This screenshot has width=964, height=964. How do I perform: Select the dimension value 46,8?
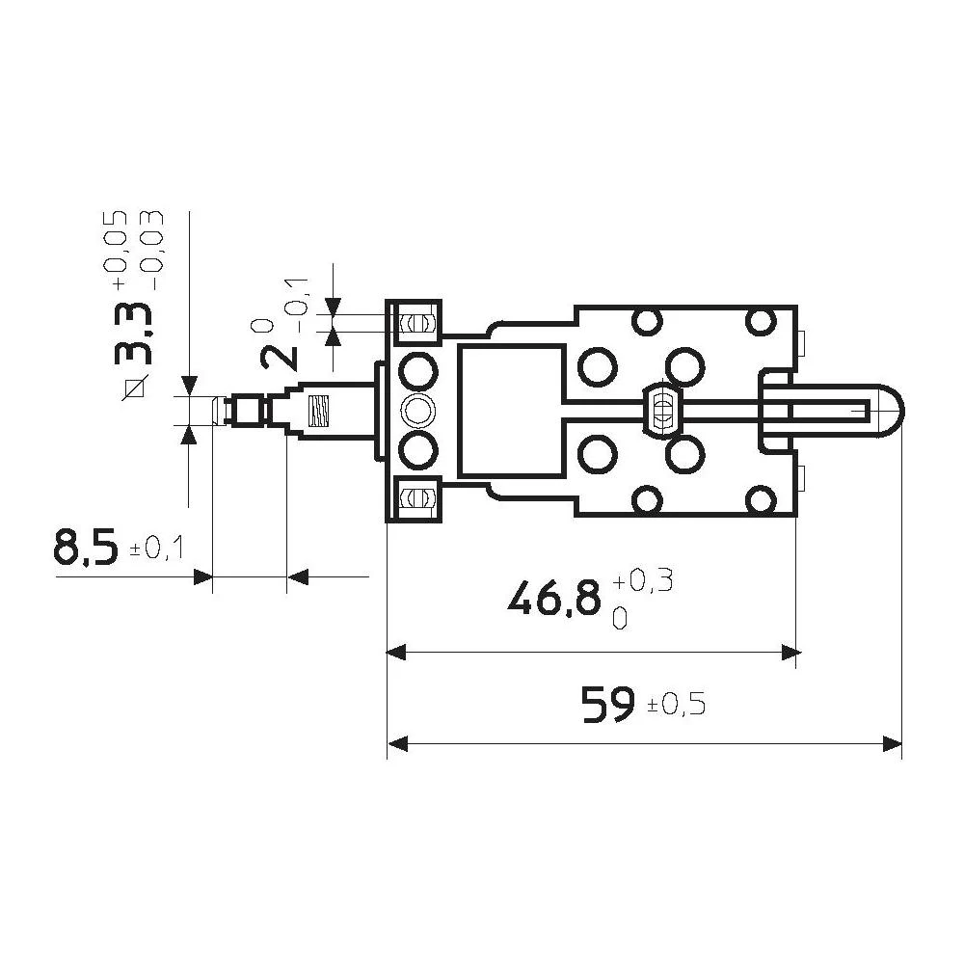pyautogui.click(x=556, y=599)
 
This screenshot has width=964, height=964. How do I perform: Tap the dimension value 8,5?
pyautogui.click(x=86, y=549)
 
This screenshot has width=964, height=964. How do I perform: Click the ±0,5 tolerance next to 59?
pyautogui.click(x=676, y=706)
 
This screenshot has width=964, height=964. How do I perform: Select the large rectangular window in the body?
pyautogui.click(x=510, y=412)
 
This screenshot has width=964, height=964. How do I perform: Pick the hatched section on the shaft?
pyautogui.click(x=318, y=412)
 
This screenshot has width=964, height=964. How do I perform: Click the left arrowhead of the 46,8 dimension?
pyautogui.click(x=394, y=653)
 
